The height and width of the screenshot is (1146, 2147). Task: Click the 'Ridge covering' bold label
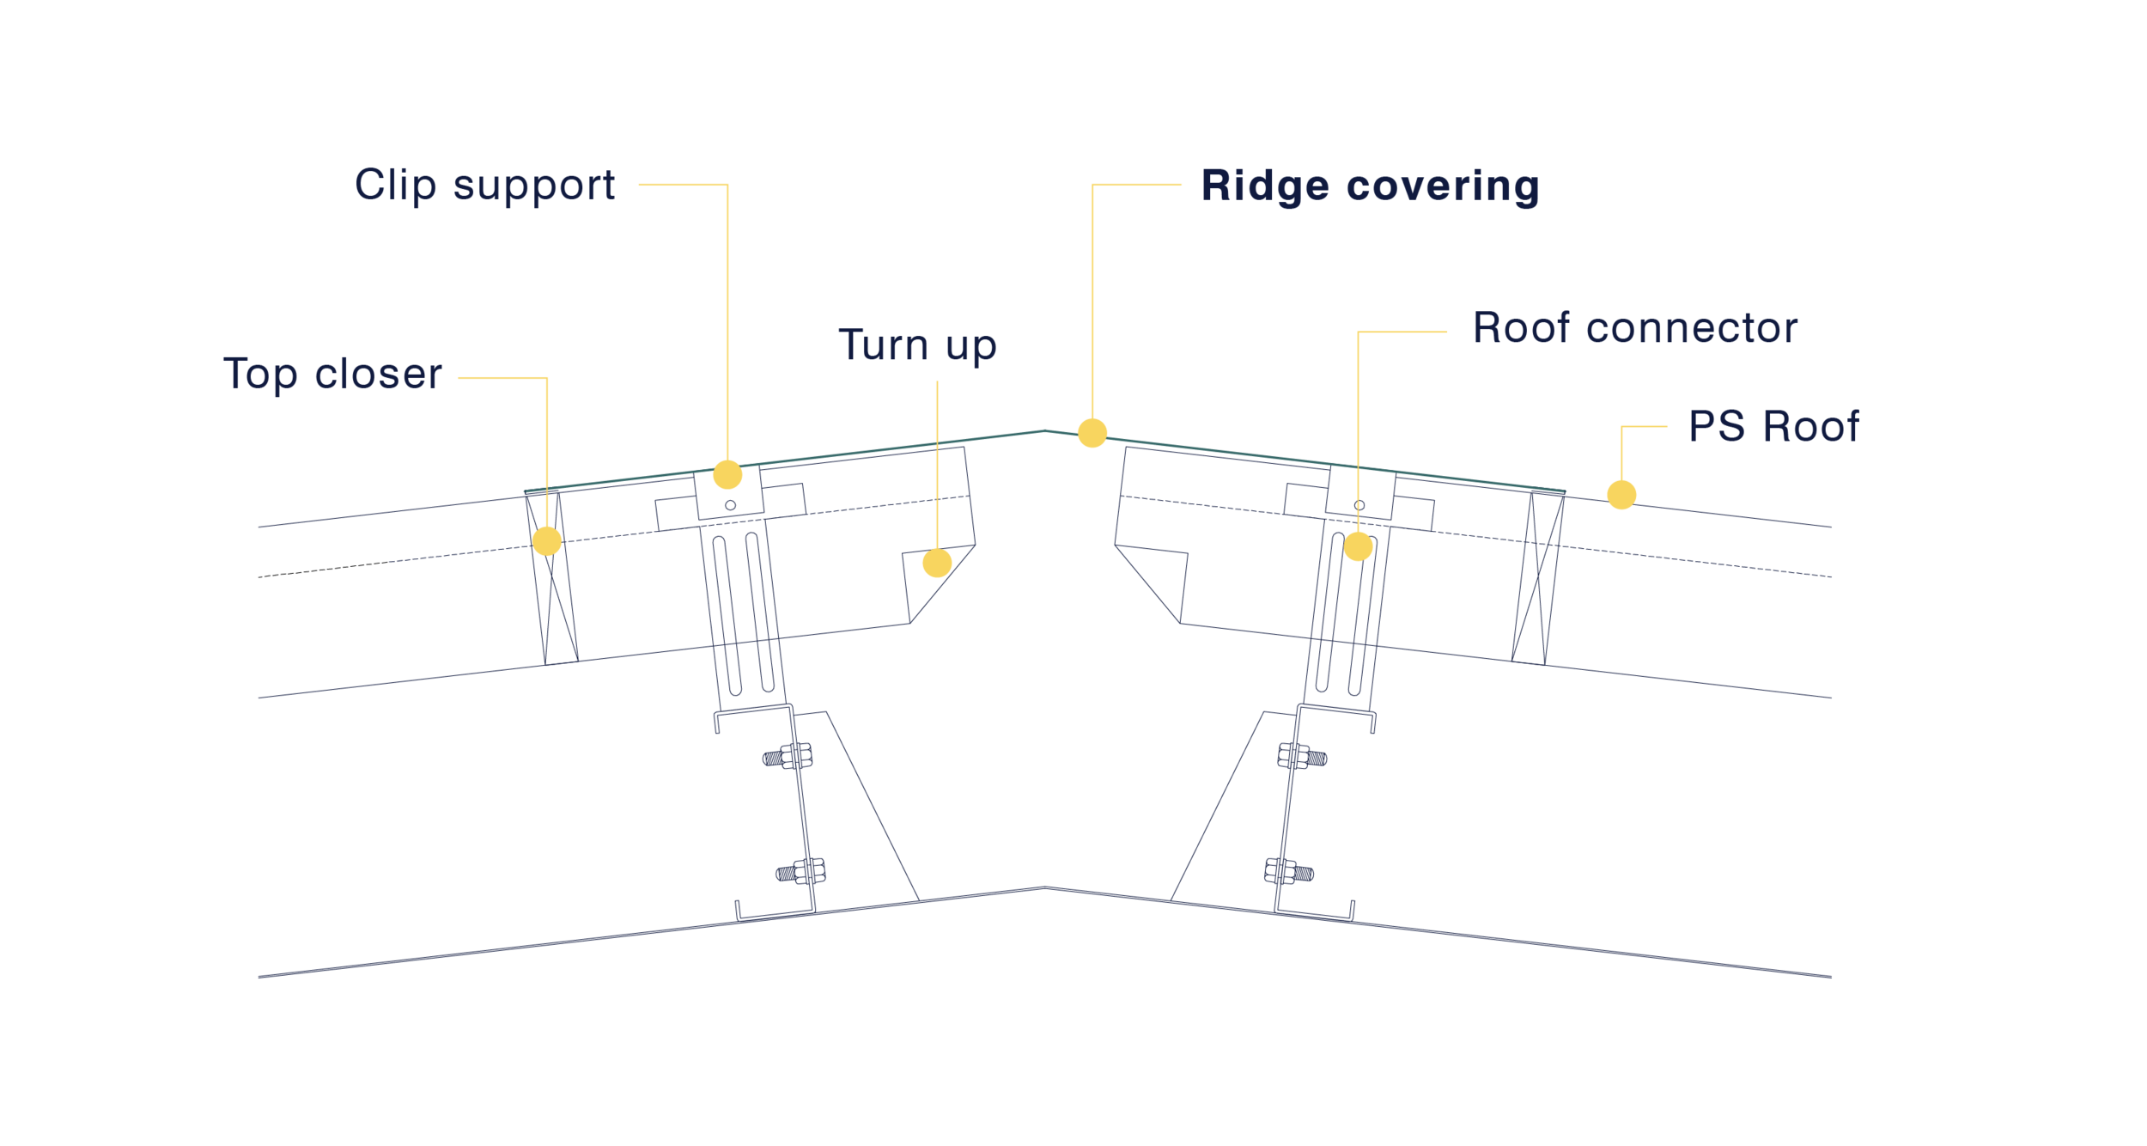point(1370,186)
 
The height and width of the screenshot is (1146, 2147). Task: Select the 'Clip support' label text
point(485,186)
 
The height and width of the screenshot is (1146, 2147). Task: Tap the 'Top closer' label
point(332,375)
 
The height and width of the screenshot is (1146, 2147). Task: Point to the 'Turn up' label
point(917,346)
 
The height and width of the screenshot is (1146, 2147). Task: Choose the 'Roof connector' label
point(1635,328)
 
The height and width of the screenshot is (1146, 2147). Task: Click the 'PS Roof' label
point(1773,427)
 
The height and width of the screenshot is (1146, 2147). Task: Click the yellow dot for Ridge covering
point(1092,433)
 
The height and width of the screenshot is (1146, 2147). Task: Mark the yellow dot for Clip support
point(727,474)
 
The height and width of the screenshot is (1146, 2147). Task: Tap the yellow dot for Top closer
point(547,541)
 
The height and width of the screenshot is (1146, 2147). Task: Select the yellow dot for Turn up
point(937,563)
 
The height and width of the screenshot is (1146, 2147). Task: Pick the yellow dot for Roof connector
point(1358,546)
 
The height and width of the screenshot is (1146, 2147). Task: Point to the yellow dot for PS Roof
point(1621,495)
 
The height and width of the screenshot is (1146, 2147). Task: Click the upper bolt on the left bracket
point(788,757)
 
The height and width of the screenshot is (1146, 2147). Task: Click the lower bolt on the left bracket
point(801,872)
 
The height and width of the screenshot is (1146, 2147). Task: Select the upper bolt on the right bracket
point(1302,757)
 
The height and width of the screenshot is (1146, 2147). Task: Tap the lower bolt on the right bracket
point(1289,872)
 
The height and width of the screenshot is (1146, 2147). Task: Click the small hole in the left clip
point(730,505)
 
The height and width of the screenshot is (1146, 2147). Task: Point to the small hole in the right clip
point(1359,505)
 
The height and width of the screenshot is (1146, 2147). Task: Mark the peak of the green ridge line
point(1044,430)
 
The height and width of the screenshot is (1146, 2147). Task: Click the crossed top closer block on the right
point(1538,578)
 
